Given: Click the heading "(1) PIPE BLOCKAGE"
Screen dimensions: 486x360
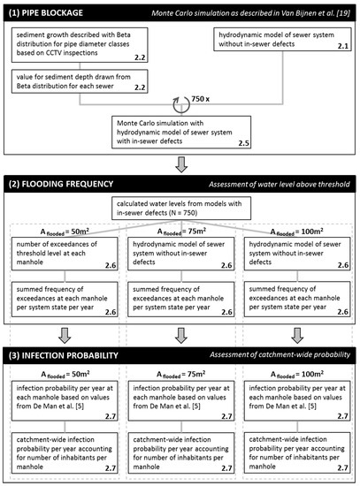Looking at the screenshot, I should tap(55, 11).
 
